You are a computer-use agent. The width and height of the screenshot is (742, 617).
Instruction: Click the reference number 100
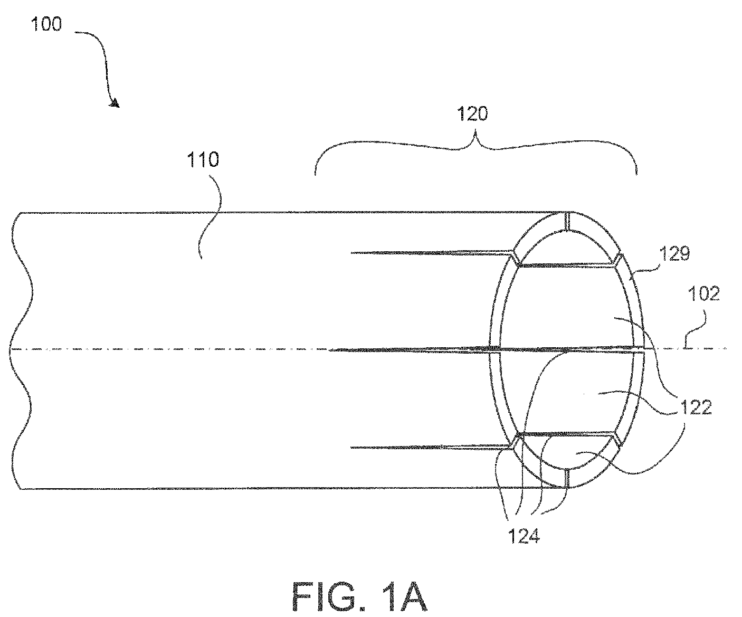tap(46, 25)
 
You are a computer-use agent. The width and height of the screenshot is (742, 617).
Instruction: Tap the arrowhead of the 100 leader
tap(116, 104)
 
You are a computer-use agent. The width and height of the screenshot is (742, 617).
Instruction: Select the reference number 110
tap(203, 160)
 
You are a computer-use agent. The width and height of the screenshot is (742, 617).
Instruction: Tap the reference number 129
tap(674, 253)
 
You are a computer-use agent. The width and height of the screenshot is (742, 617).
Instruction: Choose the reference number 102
tap(704, 294)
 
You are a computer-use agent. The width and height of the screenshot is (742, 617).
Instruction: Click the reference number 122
tap(696, 407)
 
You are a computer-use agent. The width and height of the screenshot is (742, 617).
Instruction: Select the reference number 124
tap(524, 536)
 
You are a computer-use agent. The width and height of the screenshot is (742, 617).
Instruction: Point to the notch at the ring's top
tap(567, 222)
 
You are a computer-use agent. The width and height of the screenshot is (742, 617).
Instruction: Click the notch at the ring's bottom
tap(566, 479)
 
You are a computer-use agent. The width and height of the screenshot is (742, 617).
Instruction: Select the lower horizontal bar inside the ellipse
tap(566, 434)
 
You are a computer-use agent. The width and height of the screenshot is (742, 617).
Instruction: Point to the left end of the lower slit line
tap(351, 448)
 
